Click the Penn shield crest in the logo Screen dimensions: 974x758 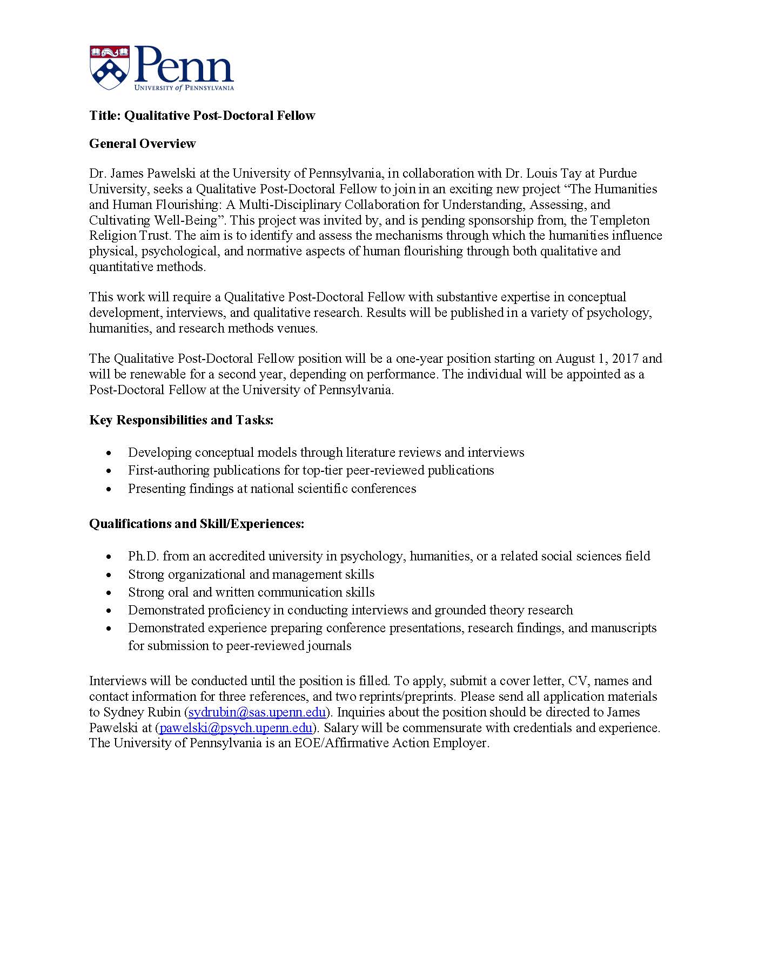[x=110, y=67]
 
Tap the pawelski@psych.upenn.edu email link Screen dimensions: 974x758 [x=236, y=727]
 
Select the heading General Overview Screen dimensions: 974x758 [x=142, y=144]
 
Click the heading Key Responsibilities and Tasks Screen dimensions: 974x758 [x=181, y=420]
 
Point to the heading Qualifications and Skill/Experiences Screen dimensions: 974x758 [x=197, y=524]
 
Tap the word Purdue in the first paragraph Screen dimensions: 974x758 [x=618, y=173]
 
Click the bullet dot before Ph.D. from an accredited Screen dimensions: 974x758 [x=110, y=557]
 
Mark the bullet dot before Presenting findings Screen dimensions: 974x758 [x=110, y=489]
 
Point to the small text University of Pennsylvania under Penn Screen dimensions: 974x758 [x=184, y=87]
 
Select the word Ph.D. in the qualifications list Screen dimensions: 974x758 [x=143, y=556]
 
